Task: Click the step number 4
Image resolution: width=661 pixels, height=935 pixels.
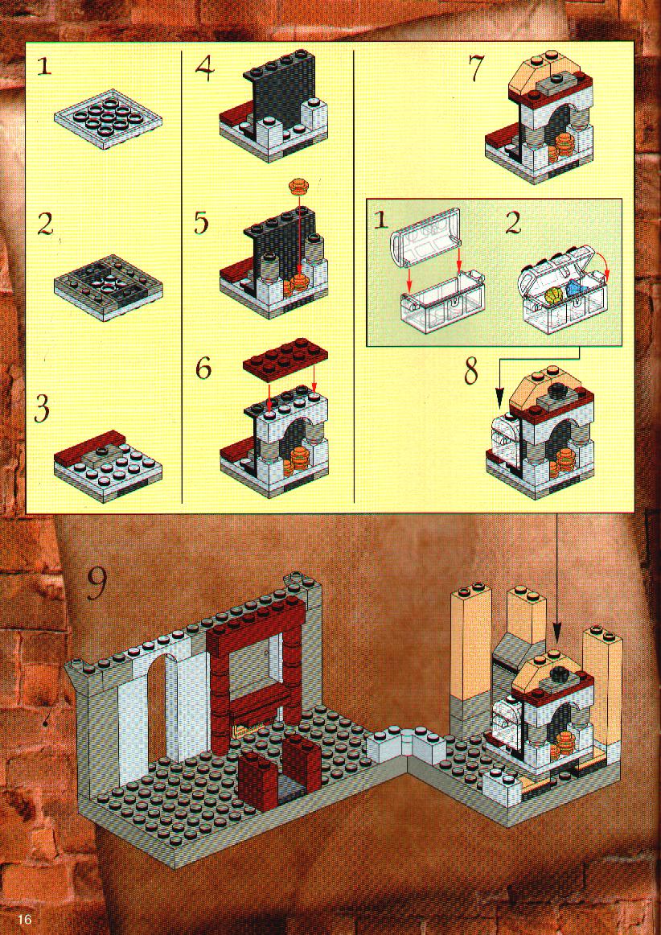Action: pyautogui.click(x=204, y=70)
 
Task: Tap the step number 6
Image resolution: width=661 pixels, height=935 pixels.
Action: pyautogui.click(x=203, y=369)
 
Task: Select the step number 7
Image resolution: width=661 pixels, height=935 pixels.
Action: pyautogui.click(x=477, y=69)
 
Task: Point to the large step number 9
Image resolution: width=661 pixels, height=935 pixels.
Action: pyautogui.click(x=96, y=583)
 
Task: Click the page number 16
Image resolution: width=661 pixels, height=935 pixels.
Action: pyautogui.click(x=23, y=918)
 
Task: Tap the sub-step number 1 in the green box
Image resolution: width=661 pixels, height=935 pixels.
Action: pyautogui.click(x=381, y=221)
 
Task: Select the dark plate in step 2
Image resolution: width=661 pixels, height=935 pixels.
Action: pyautogui.click(x=108, y=287)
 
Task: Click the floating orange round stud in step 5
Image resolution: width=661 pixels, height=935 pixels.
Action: pyautogui.click(x=298, y=186)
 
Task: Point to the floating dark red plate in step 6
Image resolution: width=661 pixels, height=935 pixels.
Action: pyautogui.click(x=285, y=360)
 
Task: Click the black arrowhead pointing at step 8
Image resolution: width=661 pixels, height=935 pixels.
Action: pyautogui.click(x=500, y=400)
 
